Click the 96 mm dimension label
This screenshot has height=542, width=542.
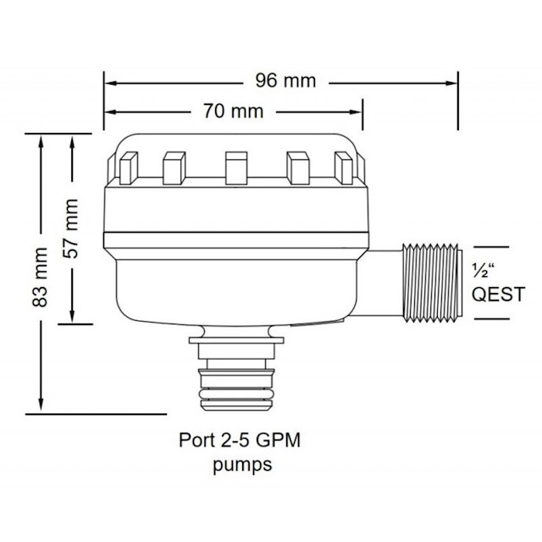[x=285, y=81]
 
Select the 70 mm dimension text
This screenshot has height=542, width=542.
[x=234, y=111]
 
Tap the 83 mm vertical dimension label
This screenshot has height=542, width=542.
[x=40, y=277]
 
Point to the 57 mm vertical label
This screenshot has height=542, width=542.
[x=71, y=229]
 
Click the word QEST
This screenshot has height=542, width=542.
[x=498, y=295]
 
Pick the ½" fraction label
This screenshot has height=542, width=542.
[x=482, y=271]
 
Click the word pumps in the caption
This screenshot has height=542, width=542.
[x=242, y=465]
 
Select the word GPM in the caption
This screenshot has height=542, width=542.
[x=279, y=440]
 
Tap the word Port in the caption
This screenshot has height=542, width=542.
[x=196, y=440]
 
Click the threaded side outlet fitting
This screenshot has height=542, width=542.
[x=433, y=283]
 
